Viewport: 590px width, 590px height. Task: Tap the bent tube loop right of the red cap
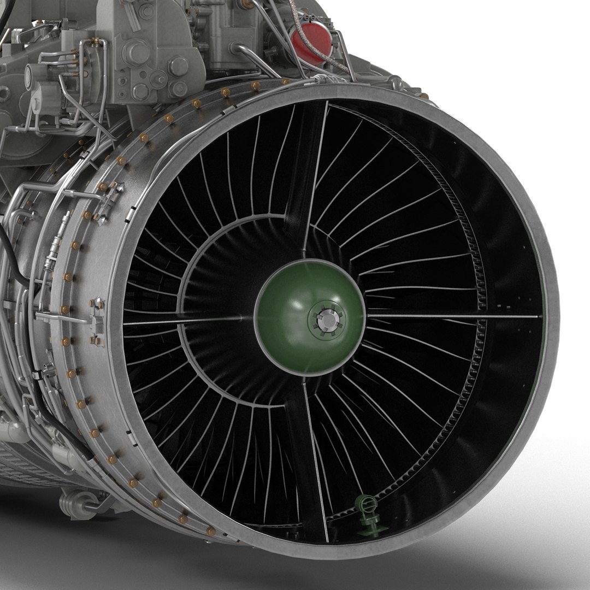coord(341,52)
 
